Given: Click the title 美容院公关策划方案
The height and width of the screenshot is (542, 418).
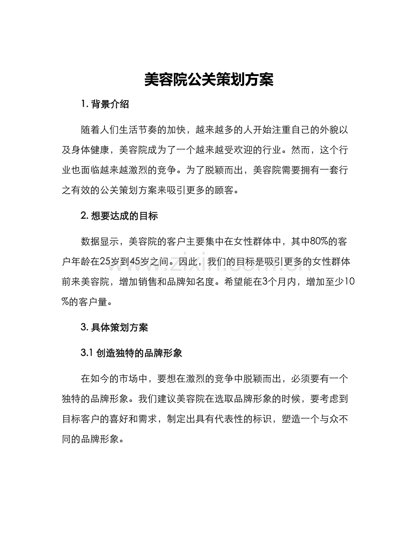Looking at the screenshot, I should tap(209, 80).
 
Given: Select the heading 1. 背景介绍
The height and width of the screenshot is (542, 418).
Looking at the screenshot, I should tap(105, 105).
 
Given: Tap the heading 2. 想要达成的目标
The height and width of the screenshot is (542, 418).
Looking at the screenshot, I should tap(119, 216).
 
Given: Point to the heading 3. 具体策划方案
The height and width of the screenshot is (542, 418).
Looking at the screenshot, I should tap(114, 327).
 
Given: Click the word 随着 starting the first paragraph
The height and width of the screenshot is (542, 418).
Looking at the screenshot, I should tap(89, 129).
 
